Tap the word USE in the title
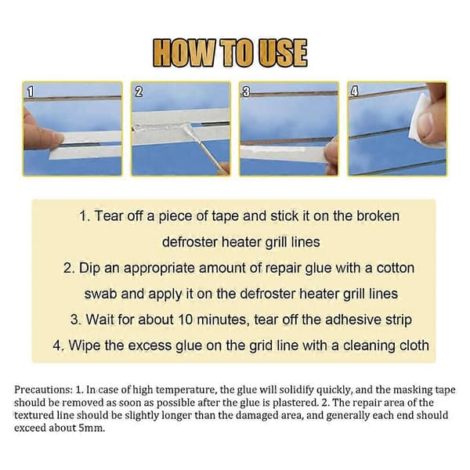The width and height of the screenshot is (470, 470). coord(283,53)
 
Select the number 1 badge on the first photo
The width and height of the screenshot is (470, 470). coord(31,91)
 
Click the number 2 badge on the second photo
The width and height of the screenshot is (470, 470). coord(139,91)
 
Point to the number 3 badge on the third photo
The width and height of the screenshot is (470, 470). coord(246,91)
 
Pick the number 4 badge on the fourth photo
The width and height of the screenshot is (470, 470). coord(354,91)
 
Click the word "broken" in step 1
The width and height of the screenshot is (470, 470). coord(378,216)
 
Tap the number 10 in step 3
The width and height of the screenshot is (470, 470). coord(186,320)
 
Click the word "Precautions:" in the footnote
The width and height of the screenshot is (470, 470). coord(43,390)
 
